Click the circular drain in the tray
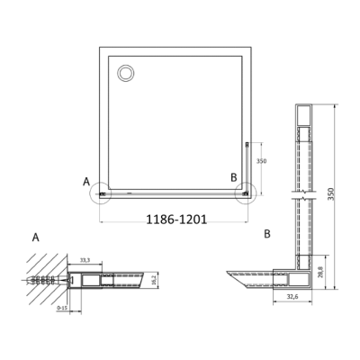124,69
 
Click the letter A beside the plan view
86,181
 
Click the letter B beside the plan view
234,176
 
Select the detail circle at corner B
244,191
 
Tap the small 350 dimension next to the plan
260,161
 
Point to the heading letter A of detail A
35,238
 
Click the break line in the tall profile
301,193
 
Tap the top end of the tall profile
301,112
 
